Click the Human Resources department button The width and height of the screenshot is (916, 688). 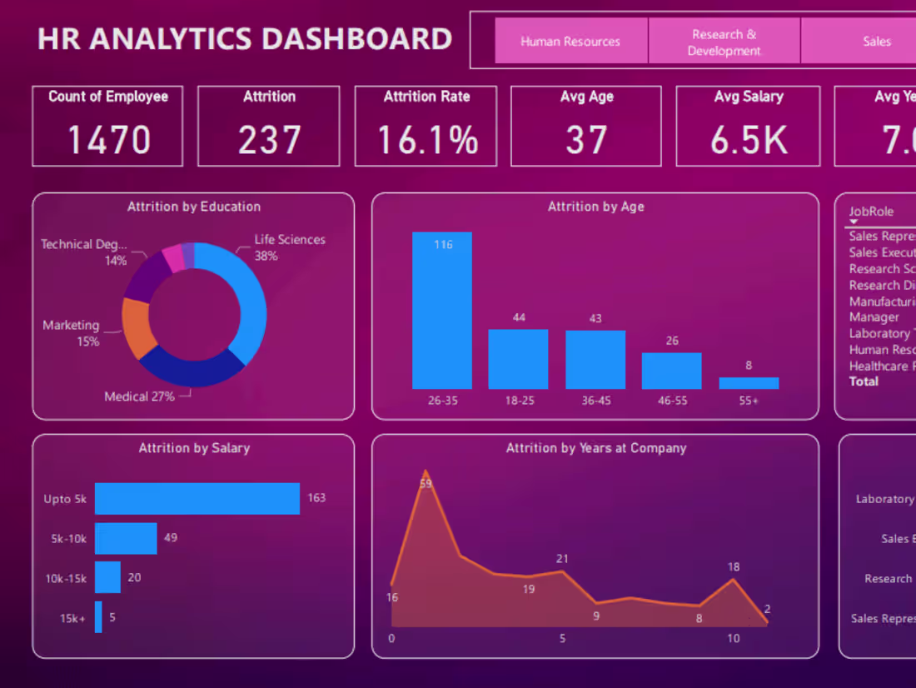click(570, 41)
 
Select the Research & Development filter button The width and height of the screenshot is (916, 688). click(724, 42)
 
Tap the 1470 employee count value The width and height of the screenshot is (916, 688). click(108, 139)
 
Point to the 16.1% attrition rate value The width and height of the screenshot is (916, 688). click(426, 139)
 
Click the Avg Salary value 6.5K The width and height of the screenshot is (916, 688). click(748, 139)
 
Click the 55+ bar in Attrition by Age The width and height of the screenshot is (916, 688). click(749, 383)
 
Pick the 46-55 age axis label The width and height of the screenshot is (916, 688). click(671, 401)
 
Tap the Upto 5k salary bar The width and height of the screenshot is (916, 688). click(197, 499)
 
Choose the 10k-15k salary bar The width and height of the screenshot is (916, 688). click(107, 577)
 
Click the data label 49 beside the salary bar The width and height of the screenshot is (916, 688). click(171, 538)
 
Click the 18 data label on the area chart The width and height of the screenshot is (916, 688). click(733, 567)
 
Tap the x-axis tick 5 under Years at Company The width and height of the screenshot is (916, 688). click(562, 639)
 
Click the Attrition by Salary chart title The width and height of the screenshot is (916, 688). click(194, 448)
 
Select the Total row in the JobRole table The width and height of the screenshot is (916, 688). click(864, 381)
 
